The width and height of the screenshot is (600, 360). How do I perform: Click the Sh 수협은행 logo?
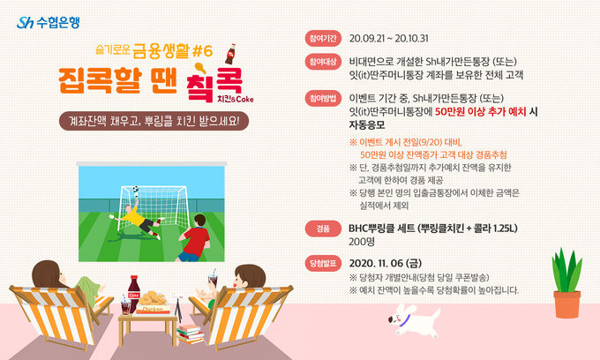click(49, 23)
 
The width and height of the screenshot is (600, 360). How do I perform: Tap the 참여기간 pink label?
click(323, 38)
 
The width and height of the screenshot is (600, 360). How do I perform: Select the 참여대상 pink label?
click(323, 62)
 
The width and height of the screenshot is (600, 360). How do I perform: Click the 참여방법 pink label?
click(323, 98)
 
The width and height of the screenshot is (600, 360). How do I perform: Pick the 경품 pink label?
click(323, 229)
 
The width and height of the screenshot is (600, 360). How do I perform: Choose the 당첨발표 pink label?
click(323, 263)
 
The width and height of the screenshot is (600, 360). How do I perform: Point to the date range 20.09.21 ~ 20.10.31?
click(389, 39)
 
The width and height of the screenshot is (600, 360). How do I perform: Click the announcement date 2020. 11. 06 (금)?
click(386, 263)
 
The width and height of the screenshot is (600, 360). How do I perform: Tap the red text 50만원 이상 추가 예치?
click(481, 112)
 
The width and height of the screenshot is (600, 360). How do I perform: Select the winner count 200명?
click(362, 242)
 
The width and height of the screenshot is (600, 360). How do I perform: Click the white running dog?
click(414, 319)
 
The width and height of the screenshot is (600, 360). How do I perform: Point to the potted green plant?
click(566, 284)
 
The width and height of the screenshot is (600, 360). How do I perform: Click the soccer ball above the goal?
click(136, 189)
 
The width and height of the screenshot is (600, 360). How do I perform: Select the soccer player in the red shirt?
click(194, 239)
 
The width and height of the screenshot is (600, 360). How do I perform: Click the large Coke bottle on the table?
click(133, 294)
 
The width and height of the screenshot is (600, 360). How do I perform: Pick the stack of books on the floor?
click(190, 334)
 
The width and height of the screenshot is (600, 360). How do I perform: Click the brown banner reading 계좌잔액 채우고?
click(154, 121)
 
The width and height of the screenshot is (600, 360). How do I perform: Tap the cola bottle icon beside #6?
click(231, 54)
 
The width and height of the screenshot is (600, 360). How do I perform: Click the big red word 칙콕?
click(214, 85)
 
